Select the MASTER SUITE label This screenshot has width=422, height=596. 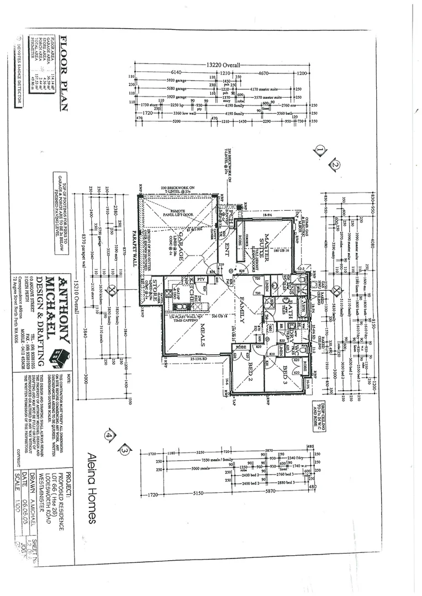pyautogui.click(x=265, y=241)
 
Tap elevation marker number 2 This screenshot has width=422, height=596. pyautogui.click(x=335, y=164)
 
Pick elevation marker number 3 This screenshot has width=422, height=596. pyautogui.click(x=125, y=450)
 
